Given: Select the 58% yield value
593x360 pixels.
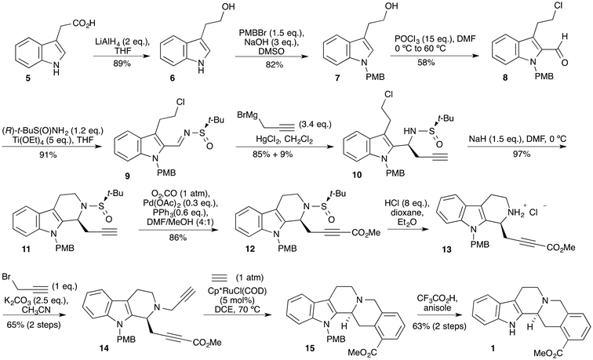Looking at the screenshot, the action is click(426, 63).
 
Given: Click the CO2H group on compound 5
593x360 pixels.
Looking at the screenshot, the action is click(84, 24).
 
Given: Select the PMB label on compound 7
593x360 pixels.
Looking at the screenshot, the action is click(375, 77).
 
